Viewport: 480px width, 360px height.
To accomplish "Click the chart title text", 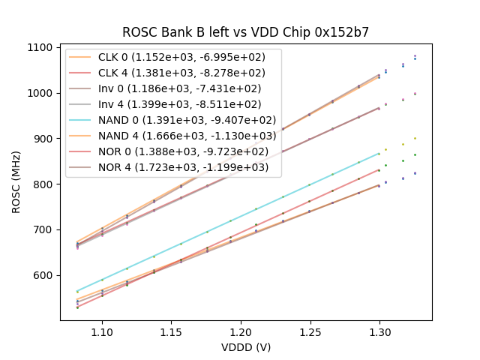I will click(246, 32).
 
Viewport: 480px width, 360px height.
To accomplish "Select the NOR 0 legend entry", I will click(175, 151).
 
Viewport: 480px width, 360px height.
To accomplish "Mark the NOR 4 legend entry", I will click(175, 167).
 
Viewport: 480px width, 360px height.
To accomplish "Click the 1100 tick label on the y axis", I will click(40, 47).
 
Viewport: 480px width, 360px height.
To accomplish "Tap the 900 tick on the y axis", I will click(43, 139).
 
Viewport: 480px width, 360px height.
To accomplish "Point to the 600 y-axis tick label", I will click(43, 275).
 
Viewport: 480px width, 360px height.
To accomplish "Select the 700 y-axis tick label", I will click(43, 229).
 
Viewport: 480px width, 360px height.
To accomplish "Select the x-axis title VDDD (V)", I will click(246, 347).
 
